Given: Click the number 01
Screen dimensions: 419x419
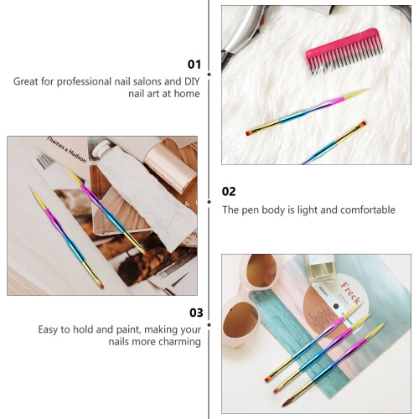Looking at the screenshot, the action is [194, 65].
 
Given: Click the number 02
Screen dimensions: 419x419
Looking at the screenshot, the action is [229, 192].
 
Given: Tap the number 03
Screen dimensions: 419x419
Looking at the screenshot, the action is [196, 313].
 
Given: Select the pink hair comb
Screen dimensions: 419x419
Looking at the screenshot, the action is [344, 50].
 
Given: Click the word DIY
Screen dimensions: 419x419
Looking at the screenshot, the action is [192, 81].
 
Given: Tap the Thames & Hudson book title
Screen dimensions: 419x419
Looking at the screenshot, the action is [66, 149].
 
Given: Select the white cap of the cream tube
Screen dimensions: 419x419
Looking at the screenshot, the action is [101, 148].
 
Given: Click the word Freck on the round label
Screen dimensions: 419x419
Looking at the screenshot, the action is [350, 292].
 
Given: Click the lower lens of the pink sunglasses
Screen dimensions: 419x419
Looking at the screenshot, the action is [241, 318].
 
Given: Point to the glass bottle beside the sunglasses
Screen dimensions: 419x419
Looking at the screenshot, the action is [320, 268].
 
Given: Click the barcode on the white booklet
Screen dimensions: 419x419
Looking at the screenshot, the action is [44, 161].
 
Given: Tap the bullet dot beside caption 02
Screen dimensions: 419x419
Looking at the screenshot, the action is [209, 202].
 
